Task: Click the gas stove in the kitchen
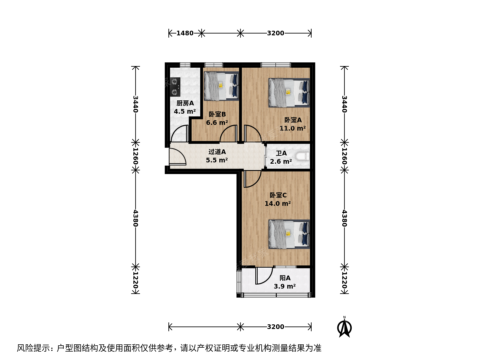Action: coord(175,87)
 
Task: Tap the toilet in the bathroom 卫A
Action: coord(303,157)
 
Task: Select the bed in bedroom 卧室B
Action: coord(221,86)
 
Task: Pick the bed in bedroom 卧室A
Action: coord(289,93)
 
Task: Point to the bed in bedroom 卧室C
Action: coord(289,234)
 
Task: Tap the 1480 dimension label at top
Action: coord(185,33)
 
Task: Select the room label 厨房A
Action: coord(185,103)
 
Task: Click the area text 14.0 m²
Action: coord(278,203)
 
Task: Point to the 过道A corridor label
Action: coord(217,152)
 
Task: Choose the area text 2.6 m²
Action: coord(281,162)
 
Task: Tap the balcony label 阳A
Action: coord(285,278)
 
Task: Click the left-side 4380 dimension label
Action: coord(136,218)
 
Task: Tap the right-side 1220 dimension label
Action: coord(344,280)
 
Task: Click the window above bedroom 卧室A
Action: coord(276,65)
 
